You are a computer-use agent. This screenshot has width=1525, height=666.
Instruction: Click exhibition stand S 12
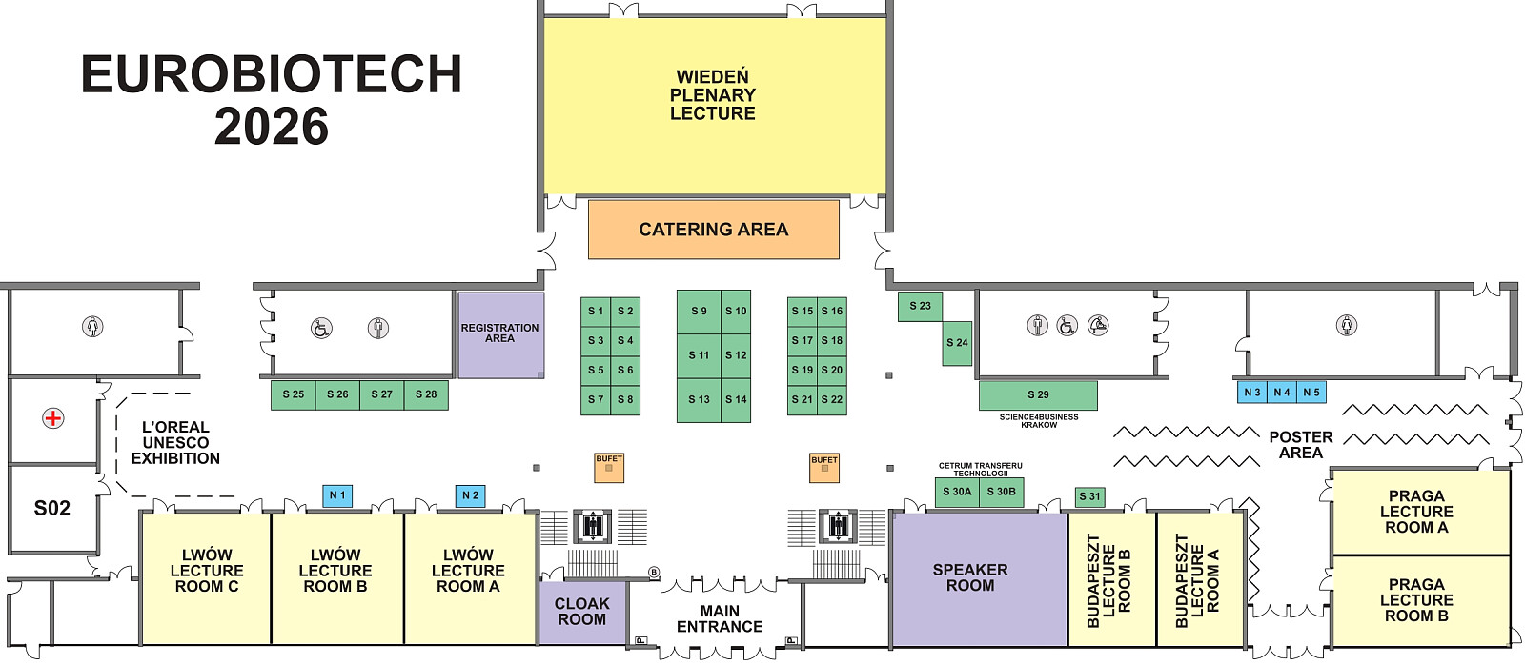pyautogui.click(x=736, y=355)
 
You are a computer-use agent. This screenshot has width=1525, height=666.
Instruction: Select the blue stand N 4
pyautogui.click(x=1282, y=393)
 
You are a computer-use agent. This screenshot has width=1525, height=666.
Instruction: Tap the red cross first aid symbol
pyautogui.click(x=53, y=418)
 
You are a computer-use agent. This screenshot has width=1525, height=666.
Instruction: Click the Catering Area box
pyautogui.click(x=714, y=230)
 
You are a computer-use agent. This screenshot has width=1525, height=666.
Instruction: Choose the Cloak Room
pyautogui.click(x=582, y=613)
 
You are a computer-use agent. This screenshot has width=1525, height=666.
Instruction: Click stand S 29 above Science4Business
pyautogui.click(x=1038, y=395)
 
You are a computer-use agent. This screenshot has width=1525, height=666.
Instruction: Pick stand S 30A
pyautogui.click(x=957, y=493)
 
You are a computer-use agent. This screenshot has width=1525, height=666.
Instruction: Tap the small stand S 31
pyautogui.click(x=1090, y=497)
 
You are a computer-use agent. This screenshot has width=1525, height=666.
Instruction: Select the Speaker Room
pyautogui.click(x=979, y=579)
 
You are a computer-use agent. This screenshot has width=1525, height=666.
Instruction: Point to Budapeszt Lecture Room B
pyautogui.click(x=1111, y=579)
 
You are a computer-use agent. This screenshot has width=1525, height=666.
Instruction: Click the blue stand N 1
pyautogui.click(x=337, y=496)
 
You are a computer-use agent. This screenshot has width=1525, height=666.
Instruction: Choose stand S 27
pyautogui.click(x=382, y=395)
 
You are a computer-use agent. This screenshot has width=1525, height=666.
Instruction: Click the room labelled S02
pyautogui.click(x=52, y=509)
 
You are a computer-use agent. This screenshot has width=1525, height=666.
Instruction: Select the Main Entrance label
pyautogui.click(x=720, y=619)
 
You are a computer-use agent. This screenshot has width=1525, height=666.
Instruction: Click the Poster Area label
pyautogui.click(x=1301, y=445)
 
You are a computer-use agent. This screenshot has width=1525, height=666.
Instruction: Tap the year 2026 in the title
pyautogui.click(x=272, y=128)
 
